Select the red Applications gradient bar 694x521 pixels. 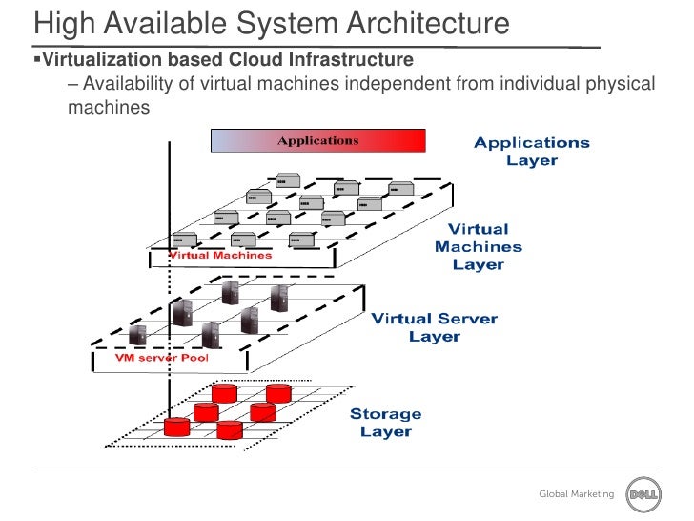point(317,140)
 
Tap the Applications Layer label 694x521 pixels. point(532,152)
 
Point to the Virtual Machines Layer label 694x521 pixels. point(478,246)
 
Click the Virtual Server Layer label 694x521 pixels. point(434,327)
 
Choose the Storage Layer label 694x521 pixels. point(385,422)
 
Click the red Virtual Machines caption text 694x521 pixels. point(220,255)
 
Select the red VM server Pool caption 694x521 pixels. point(161,358)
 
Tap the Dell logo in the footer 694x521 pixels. point(642,493)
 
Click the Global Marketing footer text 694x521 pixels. point(577,493)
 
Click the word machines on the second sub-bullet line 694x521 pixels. point(109,108)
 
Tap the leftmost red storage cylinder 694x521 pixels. point(177,426)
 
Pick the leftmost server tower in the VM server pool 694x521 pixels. point(138,333)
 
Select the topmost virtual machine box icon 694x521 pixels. point(287,179)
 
